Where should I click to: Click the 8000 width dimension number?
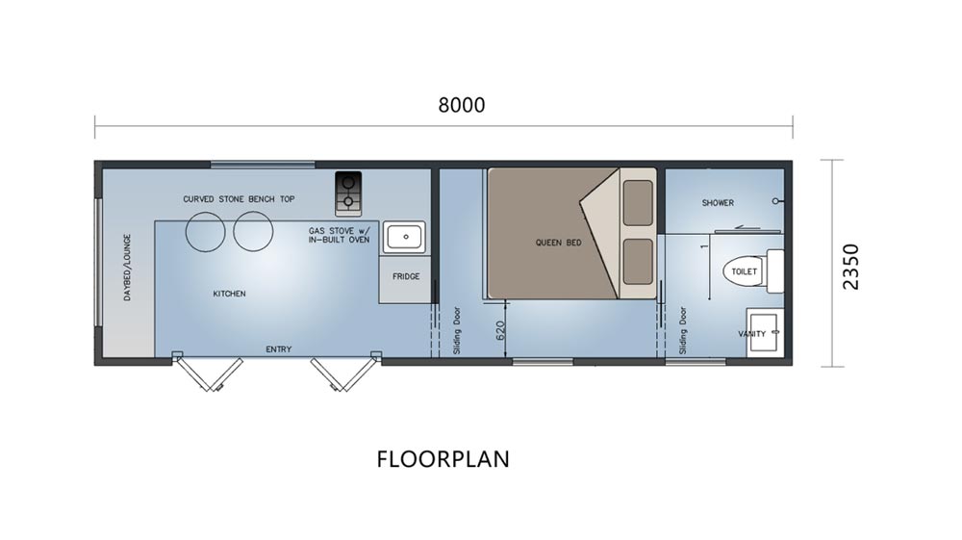462,105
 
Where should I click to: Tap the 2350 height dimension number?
851,267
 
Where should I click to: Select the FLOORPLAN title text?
443,459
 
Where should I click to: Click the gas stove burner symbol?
348,193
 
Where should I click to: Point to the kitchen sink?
404,238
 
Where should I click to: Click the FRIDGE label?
406,277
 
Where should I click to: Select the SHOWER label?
718,202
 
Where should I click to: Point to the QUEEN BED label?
558,243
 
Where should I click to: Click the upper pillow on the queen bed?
638,203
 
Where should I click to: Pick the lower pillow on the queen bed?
638,262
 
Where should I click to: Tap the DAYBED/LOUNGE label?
128,267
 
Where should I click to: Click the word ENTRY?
279,349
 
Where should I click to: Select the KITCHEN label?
230,294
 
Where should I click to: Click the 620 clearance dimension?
499,331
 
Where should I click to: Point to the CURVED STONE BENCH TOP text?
239,199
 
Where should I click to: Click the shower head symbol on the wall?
777,201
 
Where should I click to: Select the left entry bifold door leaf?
209,373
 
